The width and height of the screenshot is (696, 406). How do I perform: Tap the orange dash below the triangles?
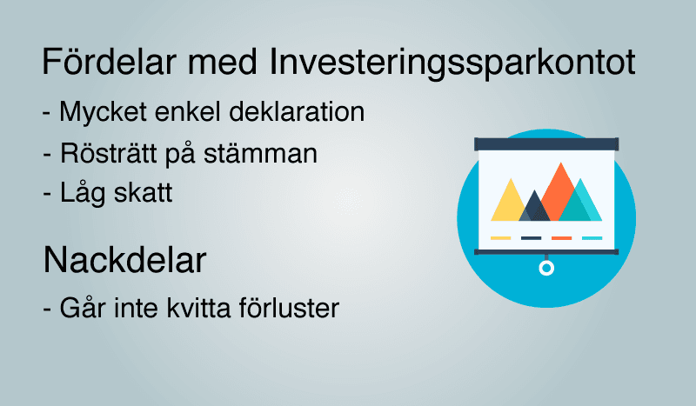[561, 237]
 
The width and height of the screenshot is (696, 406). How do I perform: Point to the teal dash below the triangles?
[592, 237]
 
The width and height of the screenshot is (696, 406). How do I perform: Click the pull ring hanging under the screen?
[545, 268]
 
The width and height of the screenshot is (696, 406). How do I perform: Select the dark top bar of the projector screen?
[545, 143]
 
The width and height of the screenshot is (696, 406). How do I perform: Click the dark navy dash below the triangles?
[531, 237]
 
